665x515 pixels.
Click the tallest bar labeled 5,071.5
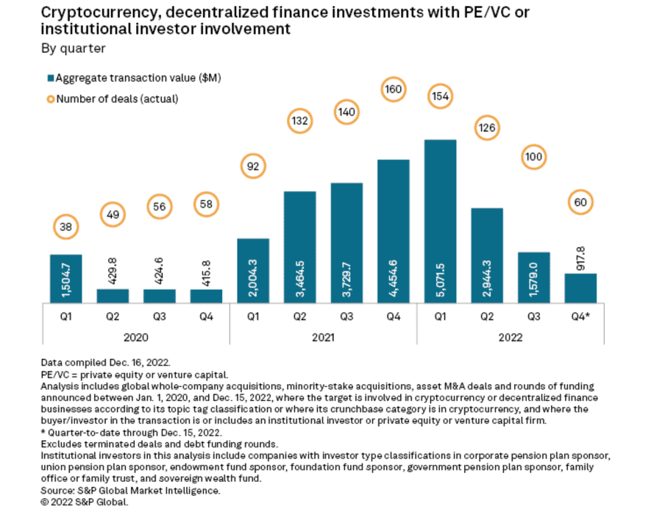[440, 221]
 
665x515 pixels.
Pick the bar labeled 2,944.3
[487, 255]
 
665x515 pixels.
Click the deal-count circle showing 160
[393, 90]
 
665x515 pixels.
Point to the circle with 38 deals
[65, 227]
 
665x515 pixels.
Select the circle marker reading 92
[252, 167]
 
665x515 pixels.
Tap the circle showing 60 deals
[581, 202]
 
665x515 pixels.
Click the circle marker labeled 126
[487, 127]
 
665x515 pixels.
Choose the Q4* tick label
[581, 317]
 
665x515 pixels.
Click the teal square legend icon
[51, 77]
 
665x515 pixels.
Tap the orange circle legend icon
[51, 99]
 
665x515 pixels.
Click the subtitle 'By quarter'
[73, 49]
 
